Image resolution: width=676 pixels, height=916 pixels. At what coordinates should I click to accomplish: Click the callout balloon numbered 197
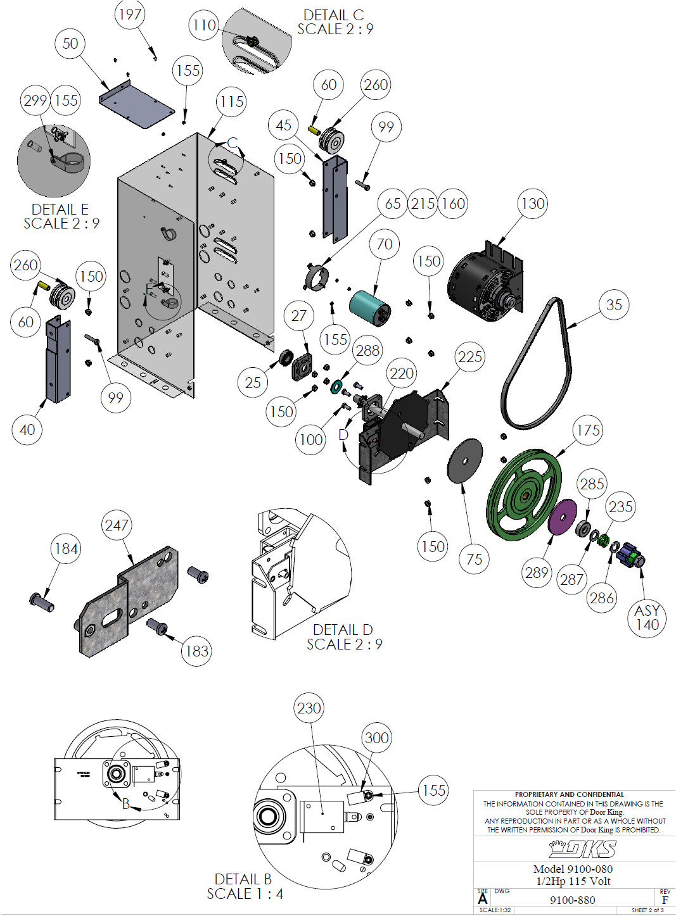coord(130,14)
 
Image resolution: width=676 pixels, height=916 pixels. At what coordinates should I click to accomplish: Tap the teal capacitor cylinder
coord(369,307)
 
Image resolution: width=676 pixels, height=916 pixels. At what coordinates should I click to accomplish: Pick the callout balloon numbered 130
coord(532,204)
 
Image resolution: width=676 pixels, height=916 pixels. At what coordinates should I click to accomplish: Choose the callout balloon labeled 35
coord(613,304)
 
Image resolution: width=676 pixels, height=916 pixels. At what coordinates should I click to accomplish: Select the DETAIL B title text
coord(243,879)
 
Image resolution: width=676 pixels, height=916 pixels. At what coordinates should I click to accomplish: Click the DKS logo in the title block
coord(582,848)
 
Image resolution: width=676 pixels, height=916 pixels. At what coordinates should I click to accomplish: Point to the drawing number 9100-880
coord(572,900)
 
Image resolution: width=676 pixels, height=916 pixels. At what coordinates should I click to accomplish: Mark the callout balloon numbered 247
coord(117,525)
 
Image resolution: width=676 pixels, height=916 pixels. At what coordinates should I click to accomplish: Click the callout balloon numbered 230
coord(309,708)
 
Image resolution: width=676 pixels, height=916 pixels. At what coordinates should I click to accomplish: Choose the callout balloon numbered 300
coord(376,737)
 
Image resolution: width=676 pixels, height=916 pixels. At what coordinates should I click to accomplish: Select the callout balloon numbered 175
coord(587,430)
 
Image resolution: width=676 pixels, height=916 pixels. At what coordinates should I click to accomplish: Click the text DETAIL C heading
coord(333,15)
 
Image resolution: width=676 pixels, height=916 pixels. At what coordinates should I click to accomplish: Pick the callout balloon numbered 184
coord(66,548)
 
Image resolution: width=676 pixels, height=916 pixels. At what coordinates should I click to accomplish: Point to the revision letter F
coord(665,900)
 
